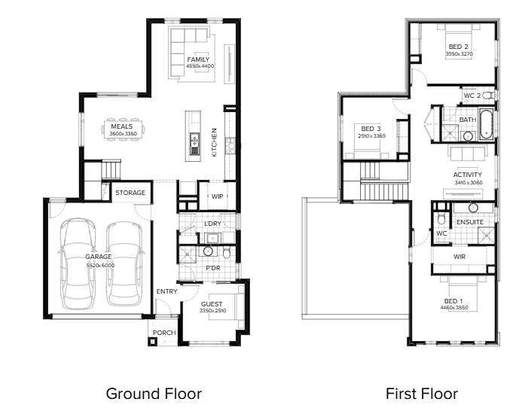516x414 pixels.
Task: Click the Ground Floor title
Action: pos(154,394)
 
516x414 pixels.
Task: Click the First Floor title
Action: pos(422,394)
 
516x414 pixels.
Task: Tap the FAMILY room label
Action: pos(198,59)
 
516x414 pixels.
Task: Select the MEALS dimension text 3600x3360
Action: pos(123,133)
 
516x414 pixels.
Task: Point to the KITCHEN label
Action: pos(214,142)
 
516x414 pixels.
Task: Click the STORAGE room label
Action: pos(130,193)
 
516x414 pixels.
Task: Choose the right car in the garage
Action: pos(125,263)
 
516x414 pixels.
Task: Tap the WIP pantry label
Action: pos(217,196)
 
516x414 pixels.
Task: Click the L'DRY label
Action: pos(212,224)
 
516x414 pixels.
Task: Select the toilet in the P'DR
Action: pos(227,253)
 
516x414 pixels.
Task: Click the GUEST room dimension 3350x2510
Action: pos(212,310)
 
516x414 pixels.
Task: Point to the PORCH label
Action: pos(164,333)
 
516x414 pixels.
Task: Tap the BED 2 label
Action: pos(459,47)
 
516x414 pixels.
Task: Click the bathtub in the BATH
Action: pos(486,124)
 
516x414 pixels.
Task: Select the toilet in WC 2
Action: pos(489,96)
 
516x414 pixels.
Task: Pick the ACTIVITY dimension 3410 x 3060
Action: pos(469,182)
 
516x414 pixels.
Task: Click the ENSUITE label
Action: pos(470,222)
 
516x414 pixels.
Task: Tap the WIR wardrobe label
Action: pos(460,257)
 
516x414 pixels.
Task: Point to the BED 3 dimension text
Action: pos(372,135)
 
